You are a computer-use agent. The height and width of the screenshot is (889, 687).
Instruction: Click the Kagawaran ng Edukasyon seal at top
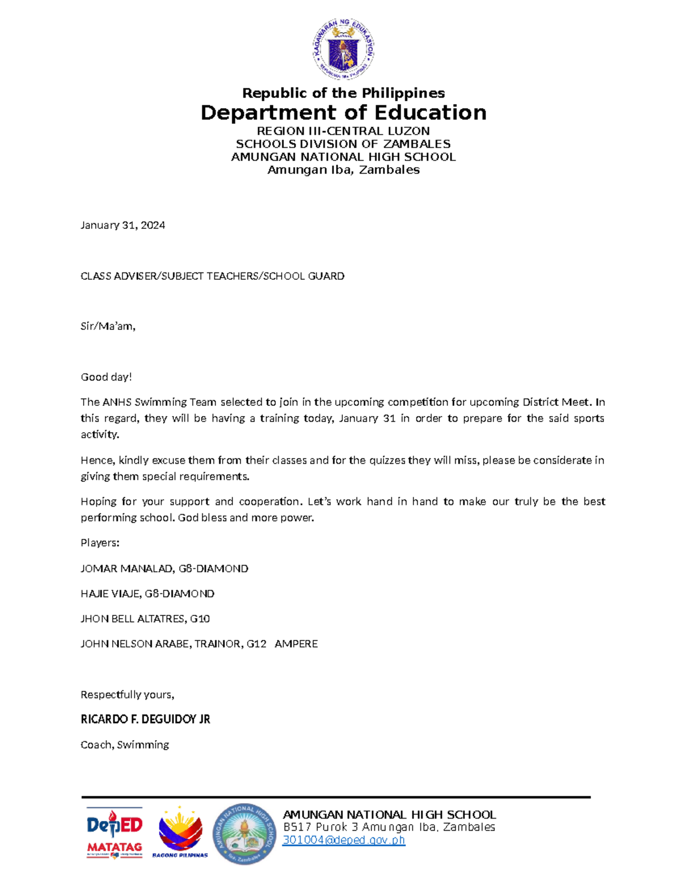[343, 49]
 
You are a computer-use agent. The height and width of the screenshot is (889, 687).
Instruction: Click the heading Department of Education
[343, 113]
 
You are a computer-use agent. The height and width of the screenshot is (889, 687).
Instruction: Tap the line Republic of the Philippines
[343, 93]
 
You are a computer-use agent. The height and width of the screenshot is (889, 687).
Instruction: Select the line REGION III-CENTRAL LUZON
[343, 131]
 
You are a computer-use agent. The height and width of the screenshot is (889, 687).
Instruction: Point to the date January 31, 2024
[123, 225]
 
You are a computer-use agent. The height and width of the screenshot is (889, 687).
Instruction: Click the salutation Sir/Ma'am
[108, 326]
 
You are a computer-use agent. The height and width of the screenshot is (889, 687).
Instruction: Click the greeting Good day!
[106, 377]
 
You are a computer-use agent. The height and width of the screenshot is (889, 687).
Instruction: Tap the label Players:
[100, 543]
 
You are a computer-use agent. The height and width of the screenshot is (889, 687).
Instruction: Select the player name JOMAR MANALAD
[127, 568]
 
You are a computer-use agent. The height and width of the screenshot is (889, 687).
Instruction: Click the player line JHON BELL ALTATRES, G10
[145, 619]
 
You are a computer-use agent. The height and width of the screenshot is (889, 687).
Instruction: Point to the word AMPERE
[296, 644]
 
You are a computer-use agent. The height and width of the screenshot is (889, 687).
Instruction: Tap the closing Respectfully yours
[127, 694]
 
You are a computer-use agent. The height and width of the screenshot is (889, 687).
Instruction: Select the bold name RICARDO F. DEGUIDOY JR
[145, 720]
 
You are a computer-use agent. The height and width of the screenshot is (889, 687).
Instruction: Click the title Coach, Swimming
[125, 745]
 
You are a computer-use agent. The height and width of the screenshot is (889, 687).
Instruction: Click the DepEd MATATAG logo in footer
[114, 833]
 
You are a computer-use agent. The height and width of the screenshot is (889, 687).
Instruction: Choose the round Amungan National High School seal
[244, 834]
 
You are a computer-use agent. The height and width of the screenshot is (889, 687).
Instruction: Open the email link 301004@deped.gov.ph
[344, 840]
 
